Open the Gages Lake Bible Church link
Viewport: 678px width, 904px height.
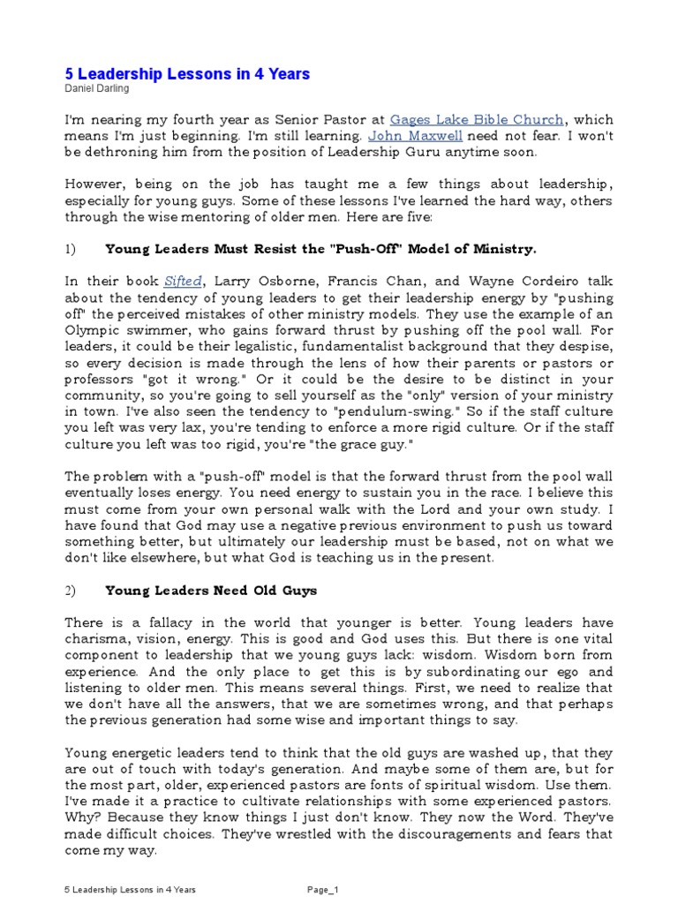[x=477, y=120]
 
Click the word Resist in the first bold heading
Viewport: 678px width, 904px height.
[x=269, y=249]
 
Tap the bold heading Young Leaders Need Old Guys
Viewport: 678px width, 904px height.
[x=199, y=589]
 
